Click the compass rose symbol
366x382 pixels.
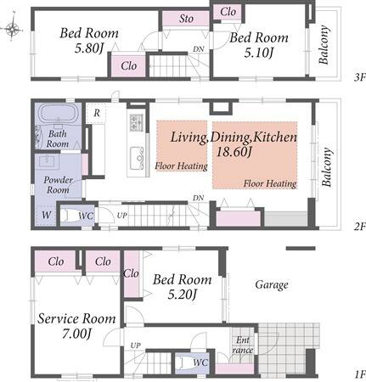click(x=13, y=28)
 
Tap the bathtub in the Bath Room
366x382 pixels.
click(x=58, y=114)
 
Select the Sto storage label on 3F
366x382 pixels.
click(x=186, y=19)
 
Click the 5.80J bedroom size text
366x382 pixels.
click(x=88, y=48)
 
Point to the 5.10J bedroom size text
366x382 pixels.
click(x=259, y=53)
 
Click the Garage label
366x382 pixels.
click(x=272, y=285)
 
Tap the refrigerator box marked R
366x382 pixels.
click(x=96, y=113)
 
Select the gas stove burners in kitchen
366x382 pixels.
click(x=137, y=123)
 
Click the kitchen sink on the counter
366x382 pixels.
click(x=137, y=159)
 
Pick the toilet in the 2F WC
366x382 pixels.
click(x=70, y=216)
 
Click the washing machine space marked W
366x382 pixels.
click(x=46, y=216)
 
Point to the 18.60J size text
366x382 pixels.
click(x=234, y=152)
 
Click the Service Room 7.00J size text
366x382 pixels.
click(x=76, y=334)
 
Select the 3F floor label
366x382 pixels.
click(x=359, y=77)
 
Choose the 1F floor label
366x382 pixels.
click(x=359, y=375)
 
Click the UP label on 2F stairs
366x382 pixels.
click(x=122, y=216)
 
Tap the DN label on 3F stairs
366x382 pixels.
click(x=199, y=49)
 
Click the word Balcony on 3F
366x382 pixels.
click(x=324, y=45)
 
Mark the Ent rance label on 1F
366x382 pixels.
click(x=243, y=345)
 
